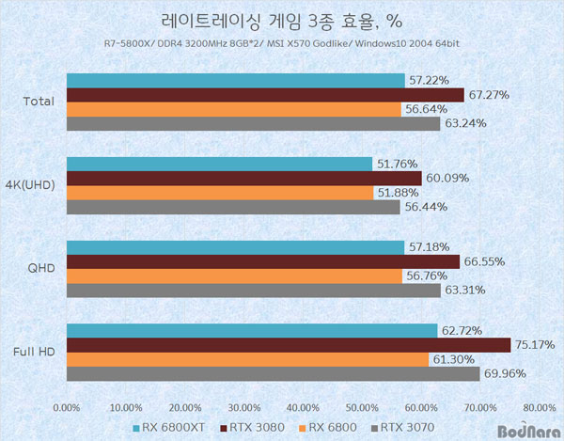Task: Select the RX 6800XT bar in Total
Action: (x=236, y=81)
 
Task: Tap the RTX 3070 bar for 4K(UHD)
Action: (x=234, y=207)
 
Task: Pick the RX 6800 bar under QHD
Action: (x=235, y=276)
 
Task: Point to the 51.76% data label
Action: (x=395, y=164)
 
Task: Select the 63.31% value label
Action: (x=463, y=291)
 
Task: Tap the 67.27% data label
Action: (x=487, y=94)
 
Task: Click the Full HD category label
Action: (x=35, y=352)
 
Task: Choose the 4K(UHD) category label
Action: (x=31, y=185)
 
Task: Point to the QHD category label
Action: (x=41, y=268)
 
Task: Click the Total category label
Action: (x=39, y=102)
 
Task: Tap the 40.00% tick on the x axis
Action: (x=304, y=408)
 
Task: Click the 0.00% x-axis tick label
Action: (x=67, y=408)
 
